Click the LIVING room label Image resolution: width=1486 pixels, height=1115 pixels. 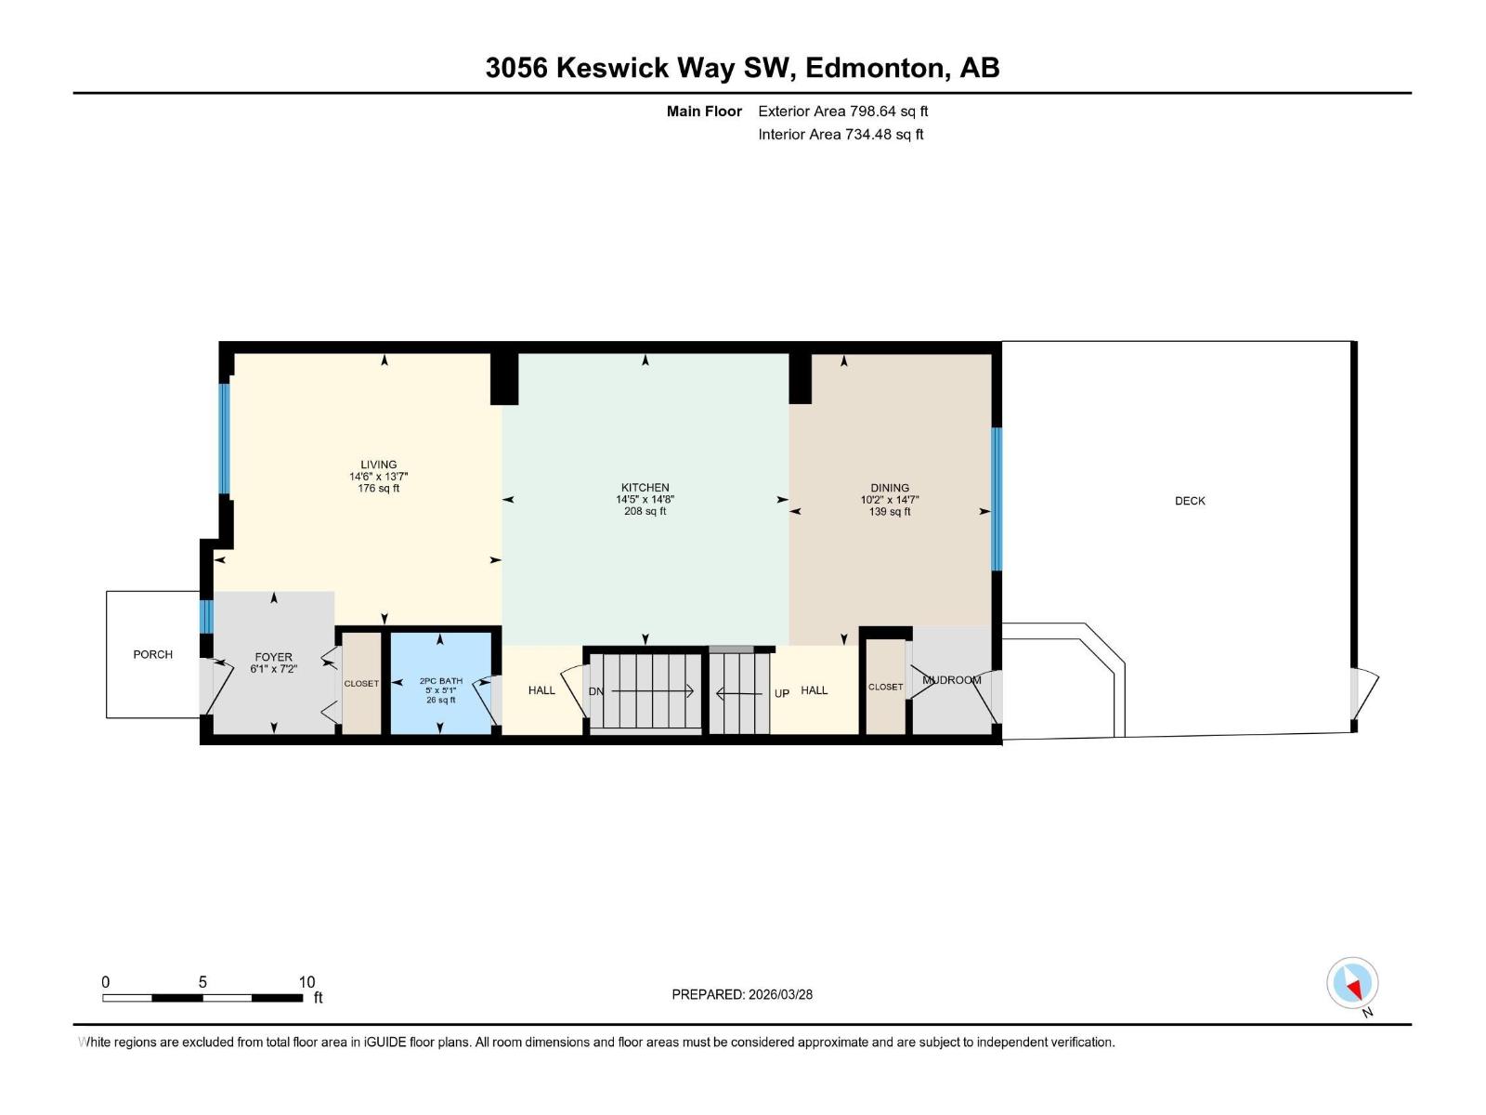click(378, 465)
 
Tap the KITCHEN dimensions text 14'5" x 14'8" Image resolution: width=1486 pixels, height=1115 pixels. click(645, 500)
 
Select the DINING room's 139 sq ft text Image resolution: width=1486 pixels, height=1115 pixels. click(889, 512)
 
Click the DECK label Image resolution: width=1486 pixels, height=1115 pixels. click(1190, 501)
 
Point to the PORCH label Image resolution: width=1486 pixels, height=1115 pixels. click(152, 654)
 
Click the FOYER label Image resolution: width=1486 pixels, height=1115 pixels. click(273, 657)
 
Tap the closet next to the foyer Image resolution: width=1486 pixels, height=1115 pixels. click(361, 683)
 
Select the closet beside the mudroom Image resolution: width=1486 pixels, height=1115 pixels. click(885, 687)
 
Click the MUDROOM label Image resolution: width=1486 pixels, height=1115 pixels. click(951, 680)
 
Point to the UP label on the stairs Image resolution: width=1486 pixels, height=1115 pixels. click(782, 693)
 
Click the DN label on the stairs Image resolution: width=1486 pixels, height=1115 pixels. click(595, 691)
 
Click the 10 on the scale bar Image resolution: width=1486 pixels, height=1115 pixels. click(306, 982)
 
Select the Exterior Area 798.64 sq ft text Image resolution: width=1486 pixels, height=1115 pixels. click(842, 111)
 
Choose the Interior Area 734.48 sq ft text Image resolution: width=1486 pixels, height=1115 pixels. click(841, 135)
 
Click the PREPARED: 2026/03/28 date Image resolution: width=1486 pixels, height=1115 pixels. click(742, 994)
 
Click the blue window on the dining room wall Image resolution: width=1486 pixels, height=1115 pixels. click(997, 499)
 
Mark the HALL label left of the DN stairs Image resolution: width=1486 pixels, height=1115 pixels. click(541, 690)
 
